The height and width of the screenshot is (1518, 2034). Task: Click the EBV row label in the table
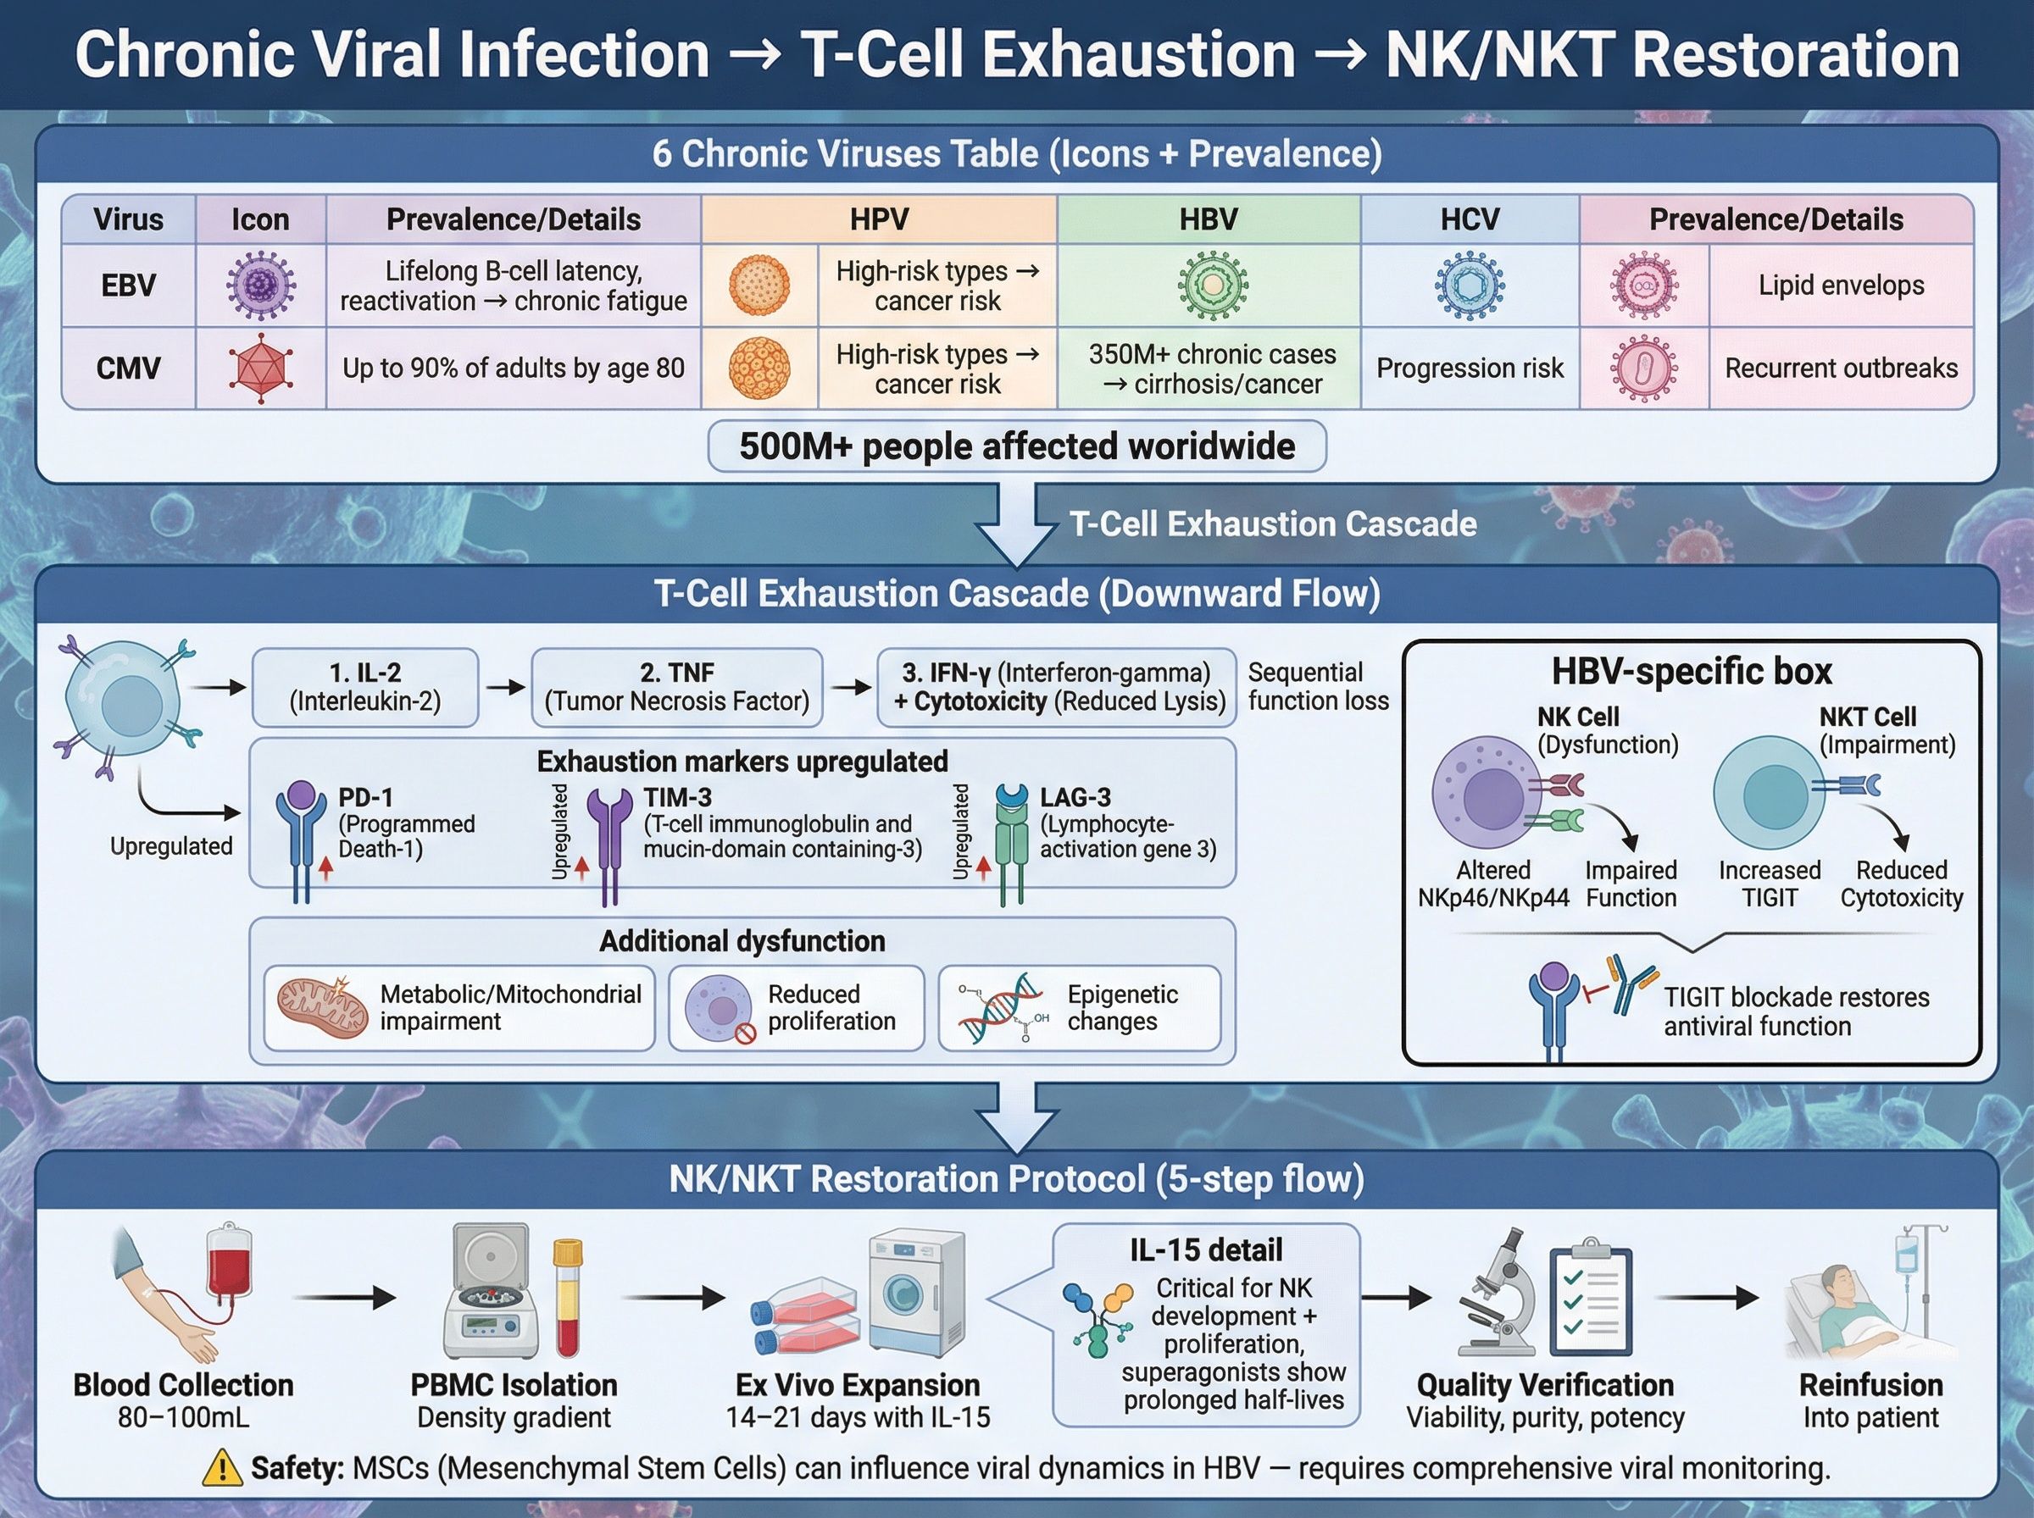tap(129, 285)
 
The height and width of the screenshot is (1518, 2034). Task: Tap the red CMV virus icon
tap(261, 368)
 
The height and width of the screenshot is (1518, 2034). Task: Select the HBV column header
tap(1208, 219)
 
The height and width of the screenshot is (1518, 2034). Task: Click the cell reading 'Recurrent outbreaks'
tap(1840, 368)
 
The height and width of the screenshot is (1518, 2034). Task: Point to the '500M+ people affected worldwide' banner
tap(1016, 446)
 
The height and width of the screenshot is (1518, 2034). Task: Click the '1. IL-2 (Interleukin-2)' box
tap(365, 687)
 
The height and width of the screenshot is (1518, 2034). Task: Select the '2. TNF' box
tap(676, 687)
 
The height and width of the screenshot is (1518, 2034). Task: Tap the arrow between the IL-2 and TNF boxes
tap(504, 687)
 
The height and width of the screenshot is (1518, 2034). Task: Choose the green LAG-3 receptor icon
tap(1012, 841)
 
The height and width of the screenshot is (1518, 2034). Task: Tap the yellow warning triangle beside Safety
tap(221, 1468)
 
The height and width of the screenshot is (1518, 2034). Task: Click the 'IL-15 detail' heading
tap(1205, 1249)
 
